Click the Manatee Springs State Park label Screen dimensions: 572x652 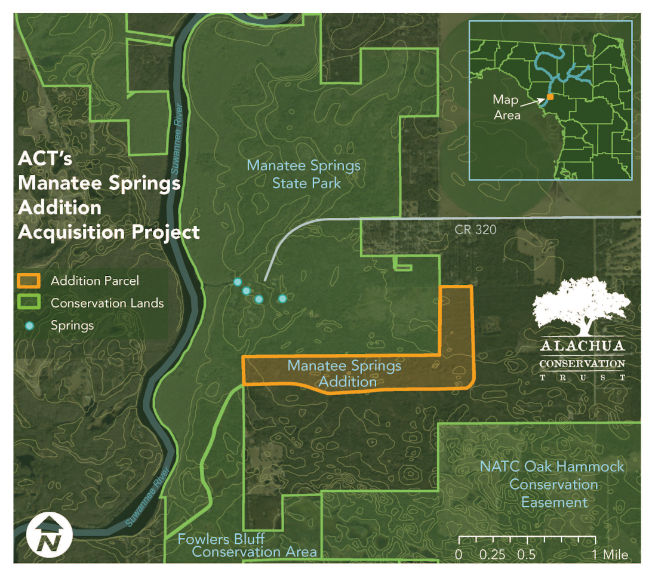tap(304, 174)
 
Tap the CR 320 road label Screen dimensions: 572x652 tap(475, 229)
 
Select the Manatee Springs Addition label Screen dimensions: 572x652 tap(345, 373)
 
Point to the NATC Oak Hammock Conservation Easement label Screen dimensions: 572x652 tap(552, 484)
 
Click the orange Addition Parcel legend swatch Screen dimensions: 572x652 tap(29, 281)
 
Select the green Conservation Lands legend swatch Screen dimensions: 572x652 tap(29, 303)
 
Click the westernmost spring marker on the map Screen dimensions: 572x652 tap(237, 282)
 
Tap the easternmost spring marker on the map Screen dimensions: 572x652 tap(282, 298)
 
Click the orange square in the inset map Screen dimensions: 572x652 tap(550, 97)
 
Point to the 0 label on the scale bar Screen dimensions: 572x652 tap(459, 555)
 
